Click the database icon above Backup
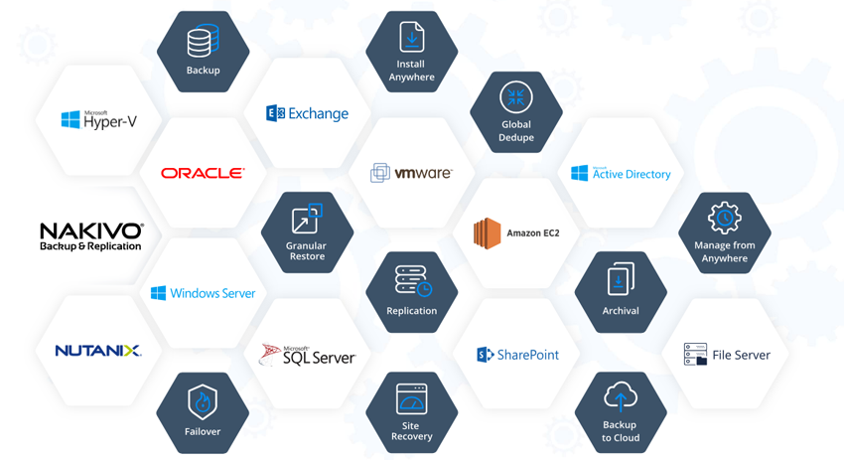click(x=203, y=42)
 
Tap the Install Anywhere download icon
click(x=411, y=37)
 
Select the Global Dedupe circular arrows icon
click(x=515, y=97)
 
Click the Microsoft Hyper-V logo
click(x=98, y=120)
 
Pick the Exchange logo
click(x=307, y=113)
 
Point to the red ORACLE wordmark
click(x=203, y=173)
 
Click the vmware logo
click(x=411, y=173)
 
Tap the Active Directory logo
click(x=621, y=174)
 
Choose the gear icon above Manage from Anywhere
click(x=724, y=219)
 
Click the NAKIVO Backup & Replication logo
click(x=91, y=236)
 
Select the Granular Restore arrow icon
click(x=307, y=219)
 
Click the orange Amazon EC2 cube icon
click(x=487, y=233)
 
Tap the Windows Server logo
click(x=203, y=293)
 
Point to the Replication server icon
click(x=411, y=280)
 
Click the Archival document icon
click(x=621, y=279)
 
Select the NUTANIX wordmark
click(x=98, y=351)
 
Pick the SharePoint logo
click(x=517, y=355)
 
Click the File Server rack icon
click(x=695, y=355)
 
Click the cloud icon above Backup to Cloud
click(x=621, y=398)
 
